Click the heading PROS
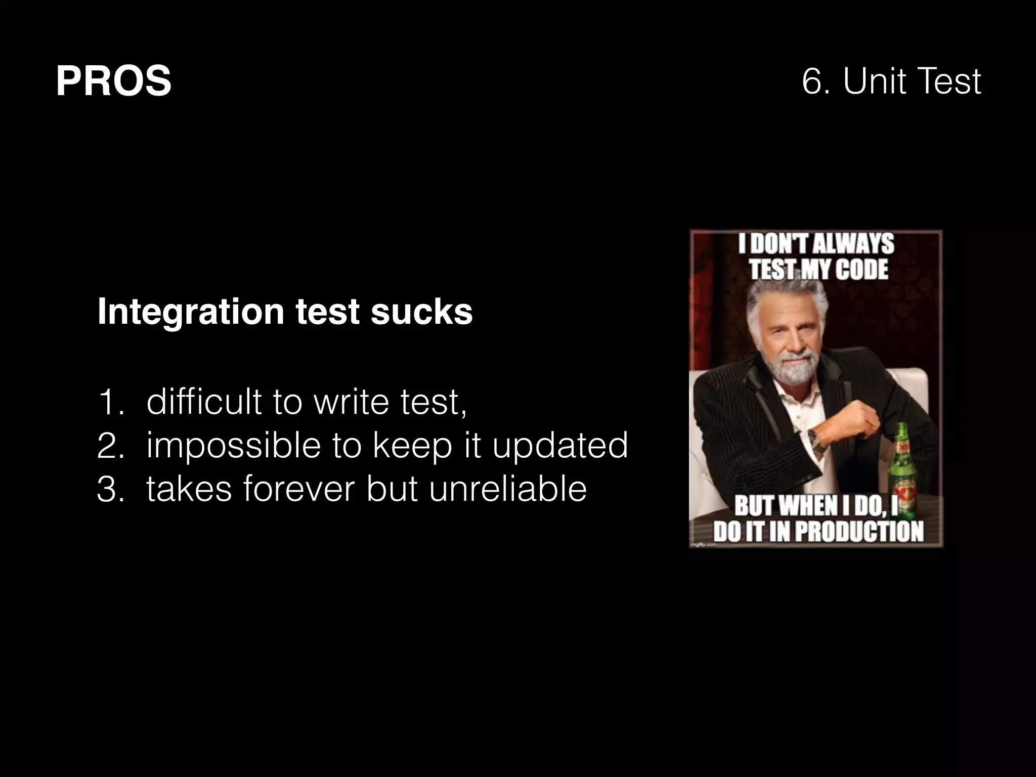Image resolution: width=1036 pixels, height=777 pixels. coord(113,81)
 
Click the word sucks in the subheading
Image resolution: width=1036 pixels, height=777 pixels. coord(421,312)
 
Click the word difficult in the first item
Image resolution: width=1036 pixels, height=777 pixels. coord(204,402)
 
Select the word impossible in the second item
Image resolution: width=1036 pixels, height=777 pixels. coord(233,446)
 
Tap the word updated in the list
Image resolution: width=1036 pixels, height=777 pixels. coord(560,446)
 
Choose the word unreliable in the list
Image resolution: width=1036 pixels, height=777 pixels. coord(507,490)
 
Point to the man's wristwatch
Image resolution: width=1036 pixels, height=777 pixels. coord(814,439)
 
